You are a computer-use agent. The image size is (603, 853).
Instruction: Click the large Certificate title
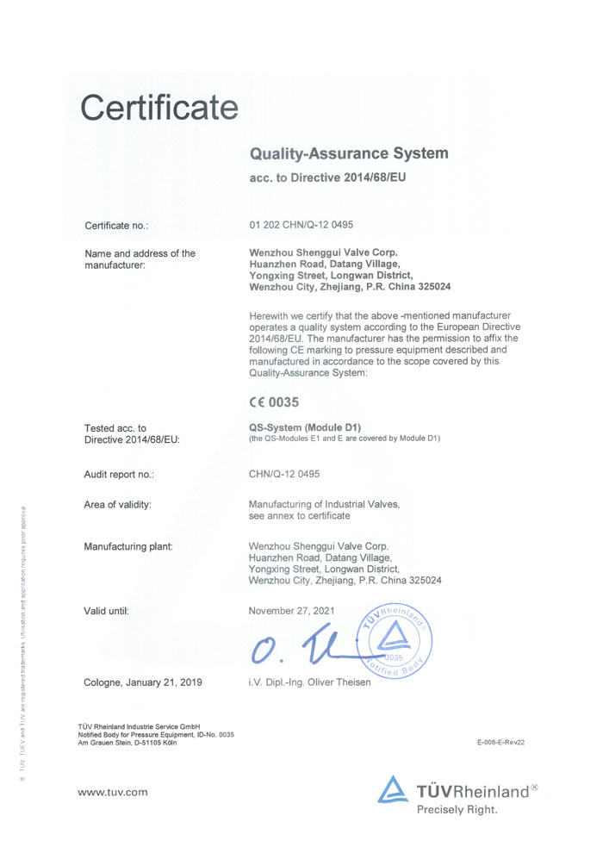coord(159,108)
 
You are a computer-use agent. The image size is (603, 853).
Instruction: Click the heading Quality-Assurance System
coord(348,154)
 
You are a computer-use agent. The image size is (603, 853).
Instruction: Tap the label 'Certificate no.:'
coord(116,226)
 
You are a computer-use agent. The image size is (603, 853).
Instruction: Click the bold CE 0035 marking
coord(273,402)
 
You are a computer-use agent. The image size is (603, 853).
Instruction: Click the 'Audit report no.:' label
coord(119,475)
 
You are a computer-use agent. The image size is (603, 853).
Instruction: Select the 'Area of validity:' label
coord(117,504)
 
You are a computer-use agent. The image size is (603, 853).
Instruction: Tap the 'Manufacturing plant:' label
coord(128,546)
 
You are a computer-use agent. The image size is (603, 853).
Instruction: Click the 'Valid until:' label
coord(106,611)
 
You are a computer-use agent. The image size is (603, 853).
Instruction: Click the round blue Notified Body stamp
coord(395,642)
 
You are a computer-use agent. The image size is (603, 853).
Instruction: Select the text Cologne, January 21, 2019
coord(143,682)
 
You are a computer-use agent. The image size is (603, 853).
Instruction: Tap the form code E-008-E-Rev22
coord(500,742)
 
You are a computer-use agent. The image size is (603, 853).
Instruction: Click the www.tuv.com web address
coord(113,791)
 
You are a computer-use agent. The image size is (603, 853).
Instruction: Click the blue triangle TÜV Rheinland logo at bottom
coord(392,790)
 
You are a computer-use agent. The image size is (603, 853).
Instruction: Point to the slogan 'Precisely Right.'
coord(457,809)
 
